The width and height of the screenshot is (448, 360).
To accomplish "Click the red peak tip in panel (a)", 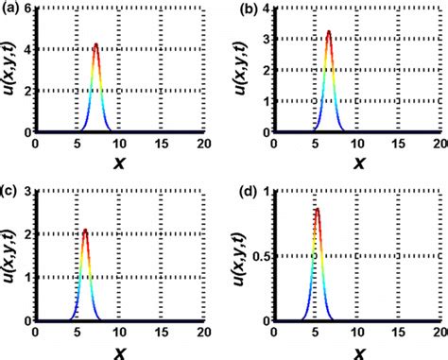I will [95, 43].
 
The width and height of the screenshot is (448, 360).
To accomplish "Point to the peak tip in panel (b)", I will [328, 31].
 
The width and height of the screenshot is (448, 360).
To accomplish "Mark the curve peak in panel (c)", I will [85, 230].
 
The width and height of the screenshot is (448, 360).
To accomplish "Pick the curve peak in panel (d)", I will [317, 209].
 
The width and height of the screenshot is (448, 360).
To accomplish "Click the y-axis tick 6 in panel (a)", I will [28, 9].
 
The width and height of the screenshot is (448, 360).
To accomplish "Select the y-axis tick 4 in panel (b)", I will [264, 9].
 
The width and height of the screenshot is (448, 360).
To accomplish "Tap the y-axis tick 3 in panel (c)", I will [28, 190].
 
